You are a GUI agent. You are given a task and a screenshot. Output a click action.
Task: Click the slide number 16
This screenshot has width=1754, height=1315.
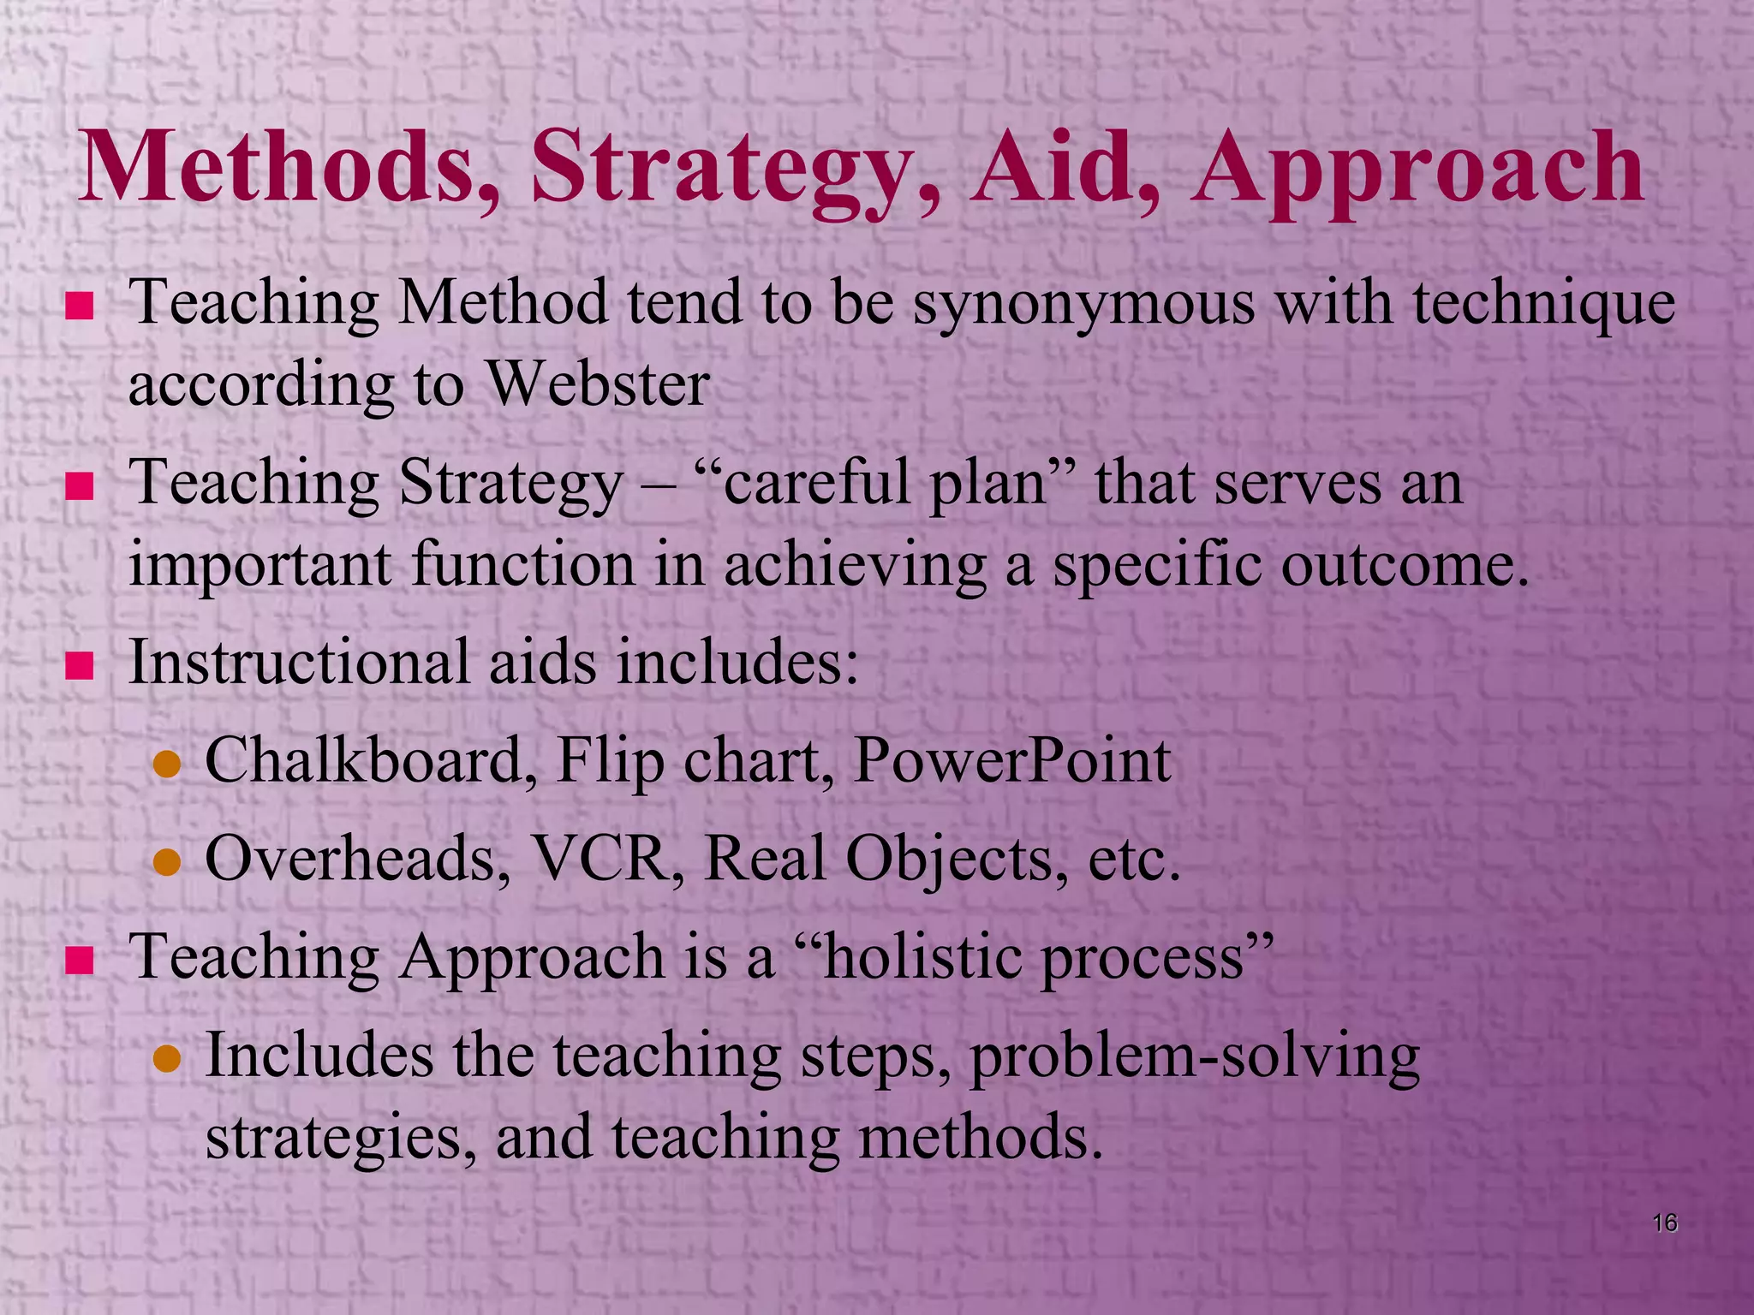point(1664,1223)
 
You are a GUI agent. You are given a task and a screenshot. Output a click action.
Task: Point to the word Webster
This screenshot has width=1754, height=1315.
point(598,384)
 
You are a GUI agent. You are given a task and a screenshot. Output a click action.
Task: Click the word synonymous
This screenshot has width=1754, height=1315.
point(1083,304)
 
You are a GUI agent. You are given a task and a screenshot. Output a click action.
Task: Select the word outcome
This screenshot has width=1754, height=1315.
point(1405,565)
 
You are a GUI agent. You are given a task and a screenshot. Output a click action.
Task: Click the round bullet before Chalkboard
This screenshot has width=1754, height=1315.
point(167,765)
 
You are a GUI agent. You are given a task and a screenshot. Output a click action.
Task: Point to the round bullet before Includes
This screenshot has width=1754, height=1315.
point(167,1060)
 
